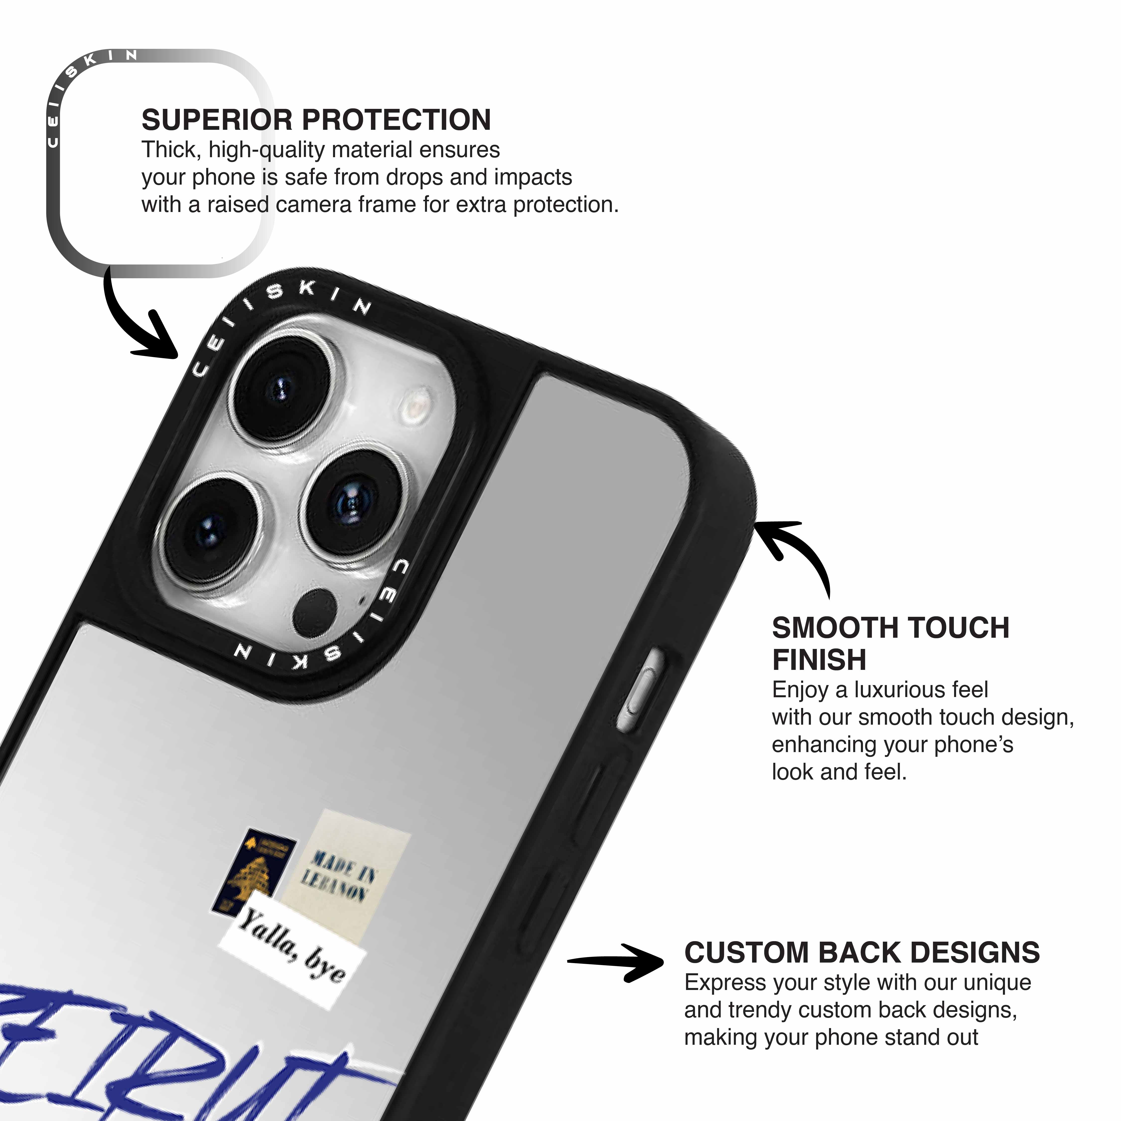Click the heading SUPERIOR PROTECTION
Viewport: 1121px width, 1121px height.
pos(316,120)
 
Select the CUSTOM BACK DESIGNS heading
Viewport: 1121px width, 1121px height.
pos(862,953)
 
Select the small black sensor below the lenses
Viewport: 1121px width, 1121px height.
pos(315,612)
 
